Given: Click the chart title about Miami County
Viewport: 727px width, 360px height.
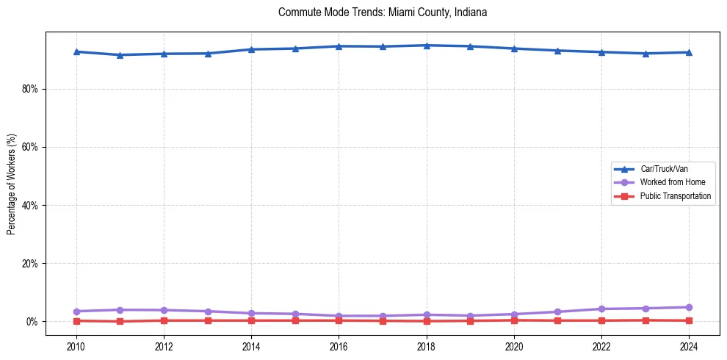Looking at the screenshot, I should [x=383, y=12].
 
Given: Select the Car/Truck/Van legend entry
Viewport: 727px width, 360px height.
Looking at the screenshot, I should [x=664, y=169].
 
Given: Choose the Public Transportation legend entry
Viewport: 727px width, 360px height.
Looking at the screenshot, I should [x=675, y=196].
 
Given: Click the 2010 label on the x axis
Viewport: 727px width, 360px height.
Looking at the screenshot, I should [x=76, y=345].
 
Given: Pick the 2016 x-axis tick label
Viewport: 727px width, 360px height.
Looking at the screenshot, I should [x=339, y=345].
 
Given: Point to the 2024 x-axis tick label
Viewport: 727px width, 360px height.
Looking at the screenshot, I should [x=689, y=345].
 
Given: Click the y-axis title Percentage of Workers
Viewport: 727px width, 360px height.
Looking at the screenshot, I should [x=12, y=184].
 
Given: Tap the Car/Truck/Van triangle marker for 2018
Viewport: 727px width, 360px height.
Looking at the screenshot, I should [x=427, y=46].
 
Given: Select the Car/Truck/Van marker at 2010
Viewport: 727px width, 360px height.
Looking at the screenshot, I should [x=76, y=51].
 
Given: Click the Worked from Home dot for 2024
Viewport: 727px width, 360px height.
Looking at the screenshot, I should [x=689, y=307].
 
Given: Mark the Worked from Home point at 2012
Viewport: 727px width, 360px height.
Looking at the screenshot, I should [x=164, y=310].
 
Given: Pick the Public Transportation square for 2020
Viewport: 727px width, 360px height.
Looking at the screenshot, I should [x=514, y=320].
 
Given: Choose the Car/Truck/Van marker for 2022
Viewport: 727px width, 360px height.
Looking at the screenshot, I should [x=601, y=52].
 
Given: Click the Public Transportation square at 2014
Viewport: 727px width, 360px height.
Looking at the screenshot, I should [x=251, y=320].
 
